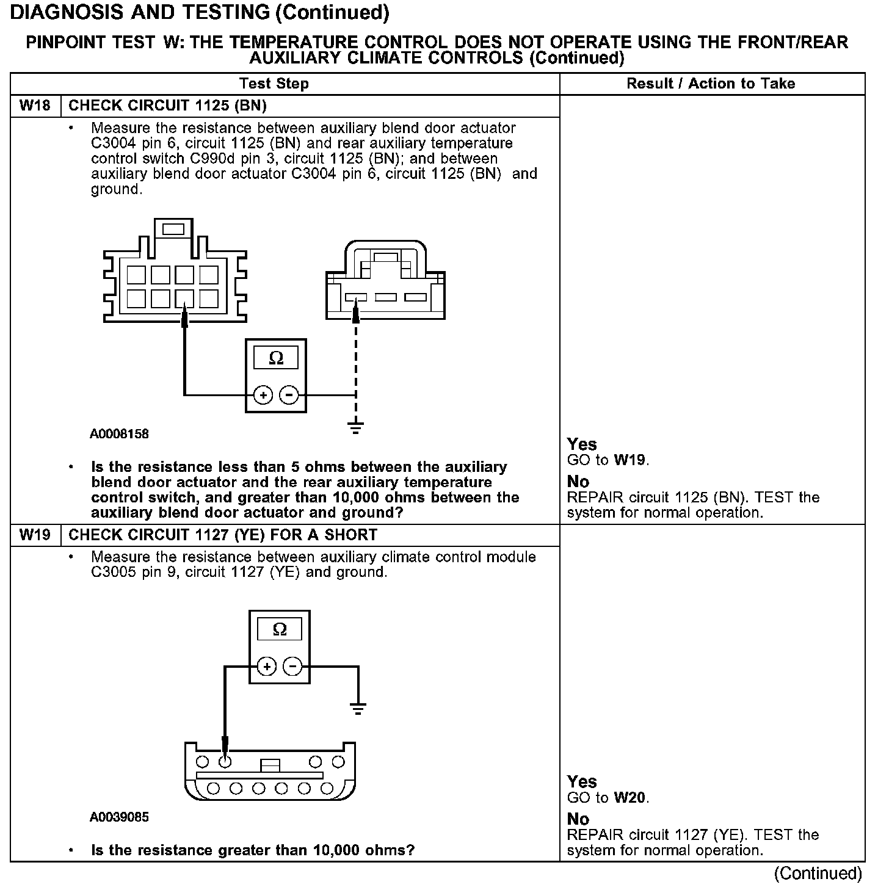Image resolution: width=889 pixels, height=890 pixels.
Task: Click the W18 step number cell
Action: (35, 106)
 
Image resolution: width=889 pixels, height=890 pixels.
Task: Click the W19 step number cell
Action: (35, 535)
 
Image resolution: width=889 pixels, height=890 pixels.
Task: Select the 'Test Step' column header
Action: (274, 84)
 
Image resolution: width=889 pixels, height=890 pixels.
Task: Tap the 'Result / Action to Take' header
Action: (711, 84)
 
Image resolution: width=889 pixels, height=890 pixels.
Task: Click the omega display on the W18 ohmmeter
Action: (276, 358)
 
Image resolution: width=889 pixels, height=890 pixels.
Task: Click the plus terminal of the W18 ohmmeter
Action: (263, 396)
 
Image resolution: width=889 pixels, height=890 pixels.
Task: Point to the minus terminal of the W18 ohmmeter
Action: (289, 396)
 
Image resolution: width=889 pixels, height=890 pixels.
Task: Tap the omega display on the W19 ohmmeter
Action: (280, 629)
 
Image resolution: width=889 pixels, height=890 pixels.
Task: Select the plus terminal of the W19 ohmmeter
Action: (267, 666)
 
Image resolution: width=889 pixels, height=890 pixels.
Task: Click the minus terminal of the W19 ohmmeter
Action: (294, 666)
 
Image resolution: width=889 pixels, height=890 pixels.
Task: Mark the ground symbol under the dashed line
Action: (356, 427)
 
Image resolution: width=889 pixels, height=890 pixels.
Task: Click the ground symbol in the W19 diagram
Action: (358, 708)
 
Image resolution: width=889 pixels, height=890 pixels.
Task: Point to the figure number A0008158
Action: (120, 435)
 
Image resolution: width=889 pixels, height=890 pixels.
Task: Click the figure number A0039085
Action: (120, 817)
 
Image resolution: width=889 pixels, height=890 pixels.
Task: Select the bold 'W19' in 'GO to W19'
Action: (630, 460)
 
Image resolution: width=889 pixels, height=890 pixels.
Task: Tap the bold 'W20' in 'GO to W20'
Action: (630, 797)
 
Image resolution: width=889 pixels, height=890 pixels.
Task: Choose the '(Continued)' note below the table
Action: (818, 874)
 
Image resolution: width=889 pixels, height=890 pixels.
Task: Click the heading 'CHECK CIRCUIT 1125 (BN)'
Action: (167, 106)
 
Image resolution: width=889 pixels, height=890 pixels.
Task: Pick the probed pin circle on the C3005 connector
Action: (225, 761)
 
